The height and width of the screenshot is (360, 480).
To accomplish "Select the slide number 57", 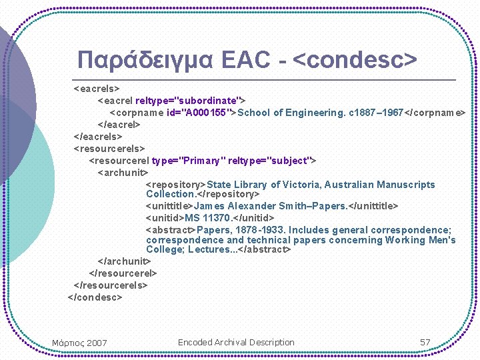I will [x=425, y=343].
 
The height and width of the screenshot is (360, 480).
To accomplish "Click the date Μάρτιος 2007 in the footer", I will [x=79, y=343].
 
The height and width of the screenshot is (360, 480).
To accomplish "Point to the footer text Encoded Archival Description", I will [x=236, y=343].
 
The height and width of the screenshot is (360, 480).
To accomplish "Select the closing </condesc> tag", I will [x=95, y=297].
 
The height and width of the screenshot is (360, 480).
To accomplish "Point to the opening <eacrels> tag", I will [x=97, y=89].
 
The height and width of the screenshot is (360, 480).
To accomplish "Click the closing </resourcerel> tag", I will [x=123, y=273].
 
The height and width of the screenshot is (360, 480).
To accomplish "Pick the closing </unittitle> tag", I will [x=374, y=206].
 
